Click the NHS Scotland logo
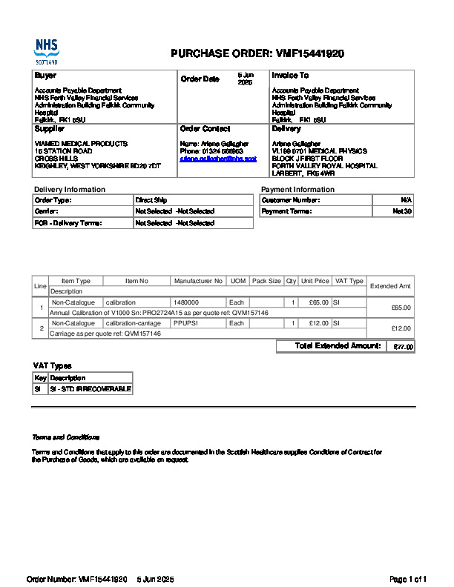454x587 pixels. coord(46,51)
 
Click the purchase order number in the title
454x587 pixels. coord(309,53)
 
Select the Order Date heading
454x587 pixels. coord(200,79)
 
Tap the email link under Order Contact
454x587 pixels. coord(218,159)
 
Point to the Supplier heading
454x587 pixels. coord(50,129)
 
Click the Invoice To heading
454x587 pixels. coord(290,76)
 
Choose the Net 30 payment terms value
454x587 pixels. coord(402,211)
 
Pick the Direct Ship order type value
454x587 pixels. coord(151,200)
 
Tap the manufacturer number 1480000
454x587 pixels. coord(186,302)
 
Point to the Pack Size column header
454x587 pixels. coord(266,282)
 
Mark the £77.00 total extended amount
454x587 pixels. coord(404,347)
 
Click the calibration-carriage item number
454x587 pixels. coord(133,323)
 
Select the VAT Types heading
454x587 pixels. coord(52,366)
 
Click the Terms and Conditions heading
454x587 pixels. coord(66,437)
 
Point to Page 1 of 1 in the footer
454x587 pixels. coord(408,579)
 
